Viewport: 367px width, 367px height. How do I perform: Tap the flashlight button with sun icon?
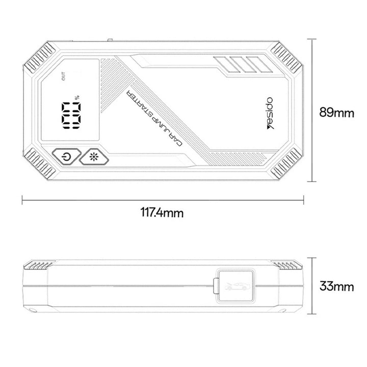pos(94,157)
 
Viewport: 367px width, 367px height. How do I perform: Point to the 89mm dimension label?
pos(336,113)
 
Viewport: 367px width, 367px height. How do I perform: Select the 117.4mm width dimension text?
pos(162,213)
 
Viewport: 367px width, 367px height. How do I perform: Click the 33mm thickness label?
pos(336,286)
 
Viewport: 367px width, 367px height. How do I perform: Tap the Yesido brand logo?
pos(270,113)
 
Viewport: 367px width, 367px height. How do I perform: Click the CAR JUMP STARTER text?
pos(154,118)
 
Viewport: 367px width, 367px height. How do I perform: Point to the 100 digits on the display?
pos(71,116)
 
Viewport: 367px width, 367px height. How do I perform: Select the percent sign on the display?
pos(77,97)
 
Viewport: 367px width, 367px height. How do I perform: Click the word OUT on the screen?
pos(63,76)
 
